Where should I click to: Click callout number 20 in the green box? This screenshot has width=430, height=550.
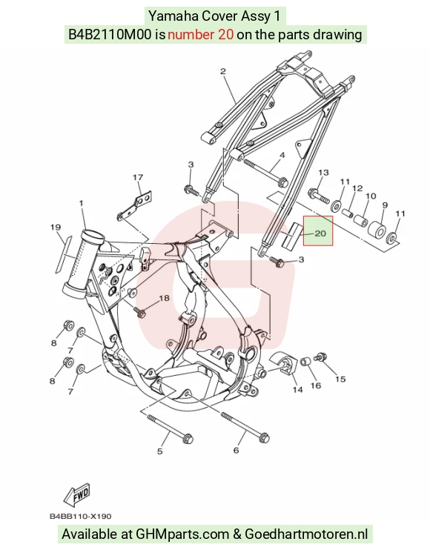tap(320, 233)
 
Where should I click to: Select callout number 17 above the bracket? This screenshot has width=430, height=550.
tap(138, 177)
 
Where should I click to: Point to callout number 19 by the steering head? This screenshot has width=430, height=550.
tap(56, 228)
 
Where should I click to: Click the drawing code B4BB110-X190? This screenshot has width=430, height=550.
tap(80, 517)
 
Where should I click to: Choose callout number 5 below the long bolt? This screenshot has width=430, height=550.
tap(159, 451)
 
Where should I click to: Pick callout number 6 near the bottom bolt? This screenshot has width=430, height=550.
tap(236, 450)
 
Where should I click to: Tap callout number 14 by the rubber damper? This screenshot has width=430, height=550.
tap(297, 389)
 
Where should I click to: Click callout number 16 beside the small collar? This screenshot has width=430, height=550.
tap(316, 385)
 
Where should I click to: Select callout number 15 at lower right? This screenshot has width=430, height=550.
tap(340, 379)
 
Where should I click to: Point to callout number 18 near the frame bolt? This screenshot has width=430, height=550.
tap(164, 298)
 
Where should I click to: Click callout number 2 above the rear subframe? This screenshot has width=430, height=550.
tap(223, 71)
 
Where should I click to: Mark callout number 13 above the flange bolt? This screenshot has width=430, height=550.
tap(323, 172)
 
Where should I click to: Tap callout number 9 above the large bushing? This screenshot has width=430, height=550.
tap(385, 205)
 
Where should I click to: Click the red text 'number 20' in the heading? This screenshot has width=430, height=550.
tap(200, 34)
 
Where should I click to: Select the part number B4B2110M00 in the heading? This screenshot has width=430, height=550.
tap(110, 34)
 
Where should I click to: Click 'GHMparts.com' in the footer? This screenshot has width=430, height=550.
tap(182, 534)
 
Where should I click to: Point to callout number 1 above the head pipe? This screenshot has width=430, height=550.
tap(82, 203)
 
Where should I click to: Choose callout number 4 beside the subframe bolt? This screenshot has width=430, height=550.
tap(282, 155)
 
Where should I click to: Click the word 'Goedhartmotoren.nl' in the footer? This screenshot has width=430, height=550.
tap(306, 534)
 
